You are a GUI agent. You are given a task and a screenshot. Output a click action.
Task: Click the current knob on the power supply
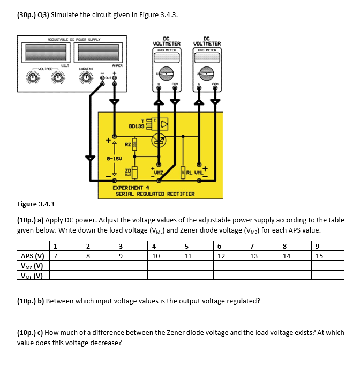click(x=86, y=79)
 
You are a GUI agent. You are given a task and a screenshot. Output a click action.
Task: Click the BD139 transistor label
click(x=137, y=126)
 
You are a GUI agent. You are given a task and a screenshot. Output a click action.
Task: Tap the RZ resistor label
click(x=127, y=144)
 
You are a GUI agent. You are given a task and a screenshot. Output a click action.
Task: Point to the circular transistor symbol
click(x=159, y=141)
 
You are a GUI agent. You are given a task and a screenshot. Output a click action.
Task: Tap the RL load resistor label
click(x=190, y=172)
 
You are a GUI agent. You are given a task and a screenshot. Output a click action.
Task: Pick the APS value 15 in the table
click(x=319, y=256)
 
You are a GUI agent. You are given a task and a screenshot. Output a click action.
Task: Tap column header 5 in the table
click(x=187, y=246)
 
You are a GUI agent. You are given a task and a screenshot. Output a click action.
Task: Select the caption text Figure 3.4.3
click(x=36, y=204)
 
